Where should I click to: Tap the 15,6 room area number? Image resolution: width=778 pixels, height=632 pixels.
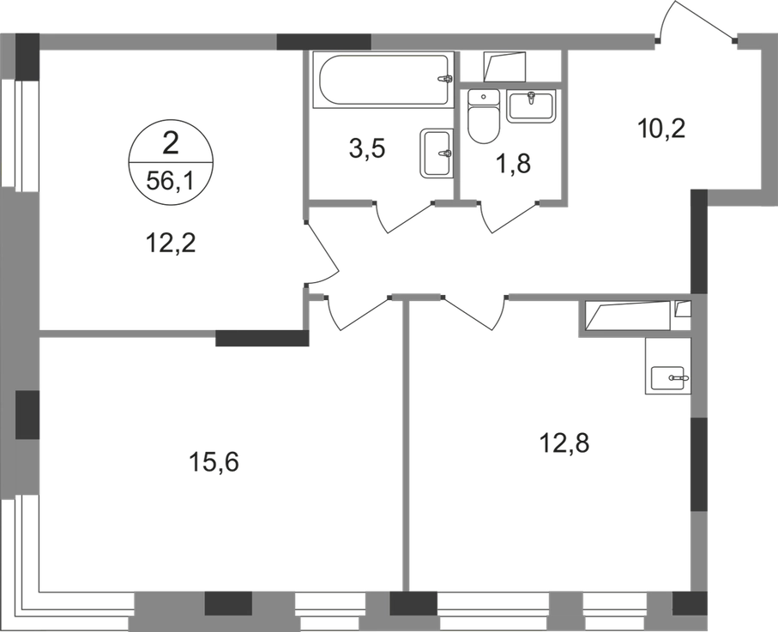pyautogui.click(x=212, y=464)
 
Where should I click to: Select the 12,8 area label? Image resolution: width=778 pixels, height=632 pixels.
pyautogui.click(x=563, y=444)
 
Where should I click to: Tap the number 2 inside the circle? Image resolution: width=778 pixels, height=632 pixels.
pyautogui.click(x=171, y=142)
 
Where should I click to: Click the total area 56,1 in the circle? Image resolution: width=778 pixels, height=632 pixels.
pyautogui.click(x=171, y=179)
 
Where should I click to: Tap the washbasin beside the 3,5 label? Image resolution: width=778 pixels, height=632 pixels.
pyautogui.click(x=434, y=154)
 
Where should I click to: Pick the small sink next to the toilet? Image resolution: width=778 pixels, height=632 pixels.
pyautogui.click(x=533, y=105)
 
